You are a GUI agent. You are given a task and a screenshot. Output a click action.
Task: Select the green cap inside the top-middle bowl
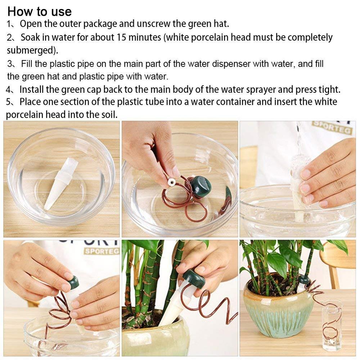201,186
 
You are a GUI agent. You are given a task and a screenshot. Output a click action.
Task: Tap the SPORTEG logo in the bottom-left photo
102,251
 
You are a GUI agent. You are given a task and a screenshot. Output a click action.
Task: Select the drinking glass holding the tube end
331,324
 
